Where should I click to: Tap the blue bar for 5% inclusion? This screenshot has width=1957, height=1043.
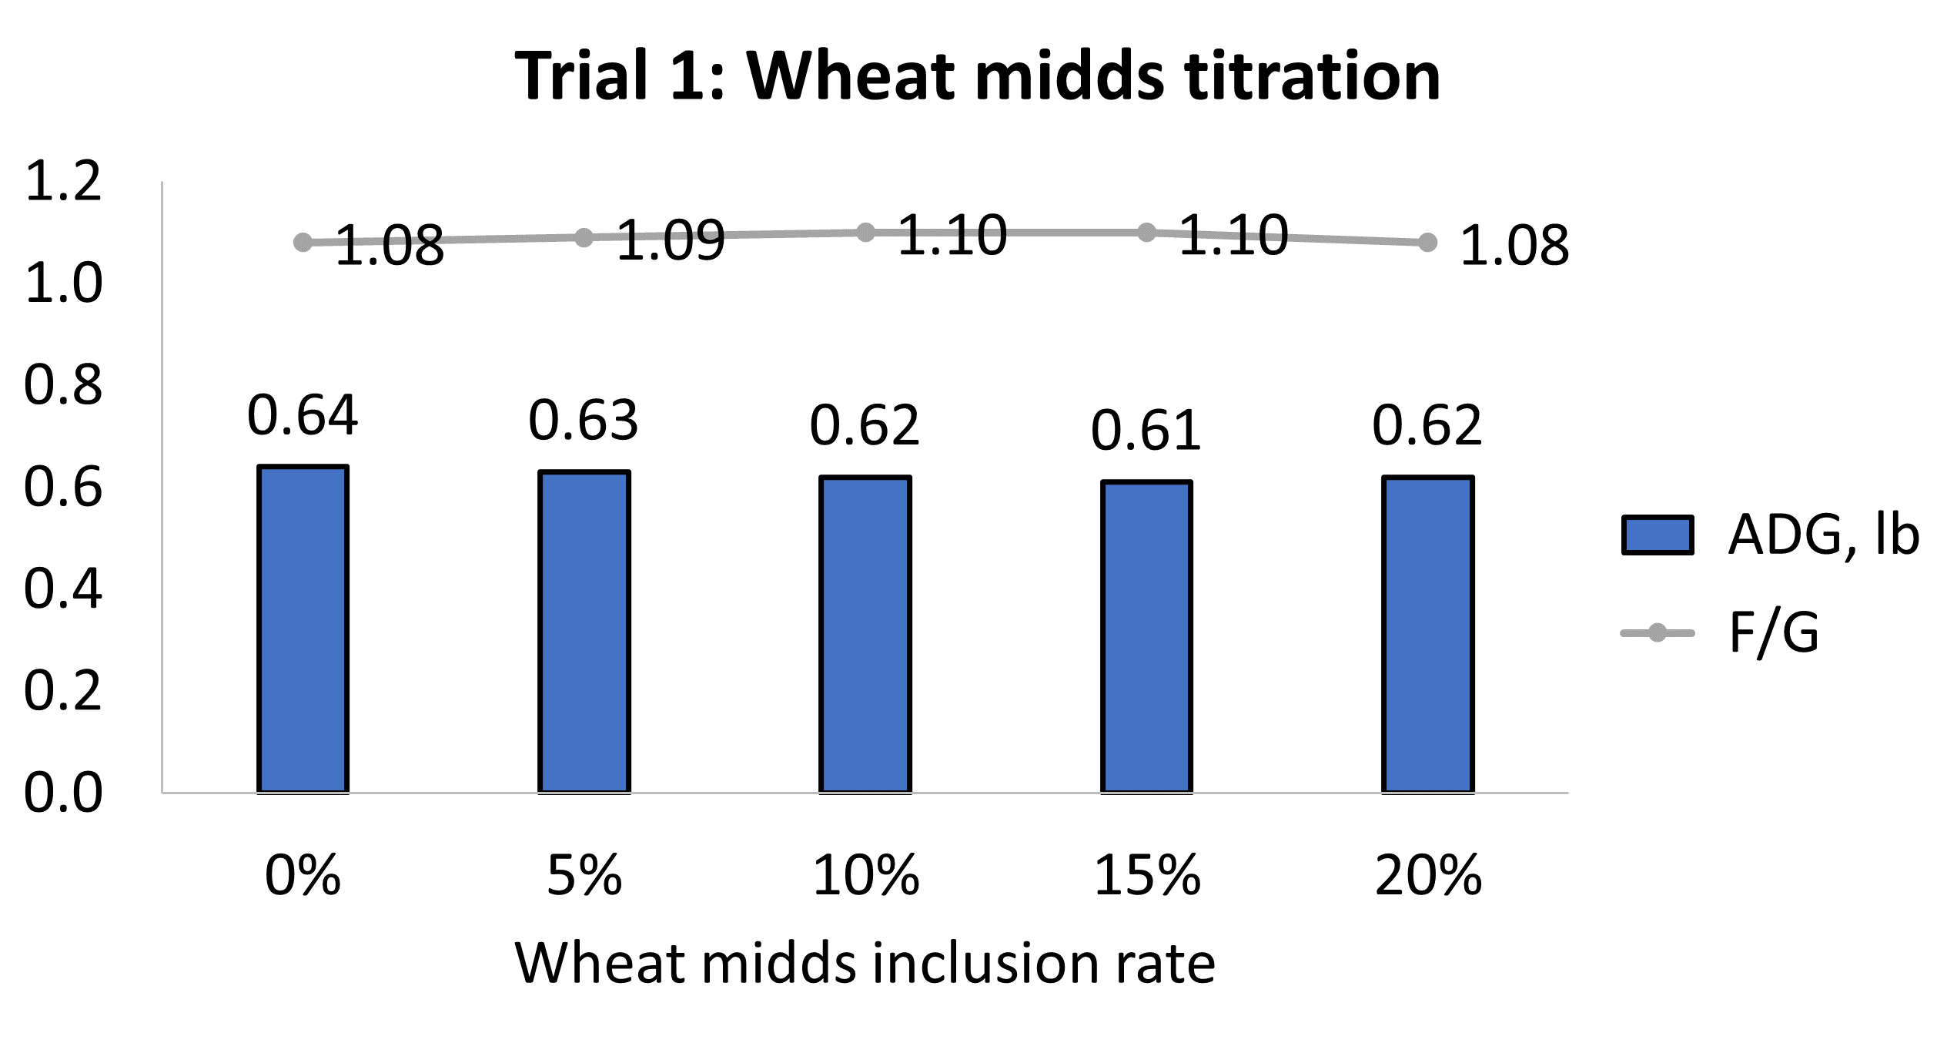584,632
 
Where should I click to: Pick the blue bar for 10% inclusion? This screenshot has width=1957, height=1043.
865,634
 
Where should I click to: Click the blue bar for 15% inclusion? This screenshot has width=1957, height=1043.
1146,636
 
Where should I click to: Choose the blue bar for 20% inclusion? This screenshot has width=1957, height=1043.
1427,634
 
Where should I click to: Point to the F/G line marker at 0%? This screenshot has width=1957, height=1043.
303,243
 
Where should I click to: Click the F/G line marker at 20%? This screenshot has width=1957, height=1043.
1427,243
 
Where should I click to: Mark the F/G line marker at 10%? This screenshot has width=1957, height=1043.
865,233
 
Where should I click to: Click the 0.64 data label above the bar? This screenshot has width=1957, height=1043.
303,415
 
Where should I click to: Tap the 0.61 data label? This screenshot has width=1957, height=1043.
1146,431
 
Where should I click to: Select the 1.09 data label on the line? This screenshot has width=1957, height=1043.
671,240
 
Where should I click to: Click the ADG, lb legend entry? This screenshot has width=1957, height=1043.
1771,535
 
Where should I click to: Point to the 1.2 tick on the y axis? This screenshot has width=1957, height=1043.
63,183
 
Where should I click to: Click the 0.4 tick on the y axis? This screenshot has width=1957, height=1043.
63,589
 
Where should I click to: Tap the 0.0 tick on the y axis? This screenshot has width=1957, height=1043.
63,793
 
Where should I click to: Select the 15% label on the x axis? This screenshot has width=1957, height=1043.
1146,876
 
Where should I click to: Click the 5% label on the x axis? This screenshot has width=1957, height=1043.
584,876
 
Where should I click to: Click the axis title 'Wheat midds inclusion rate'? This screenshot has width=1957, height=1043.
865,963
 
